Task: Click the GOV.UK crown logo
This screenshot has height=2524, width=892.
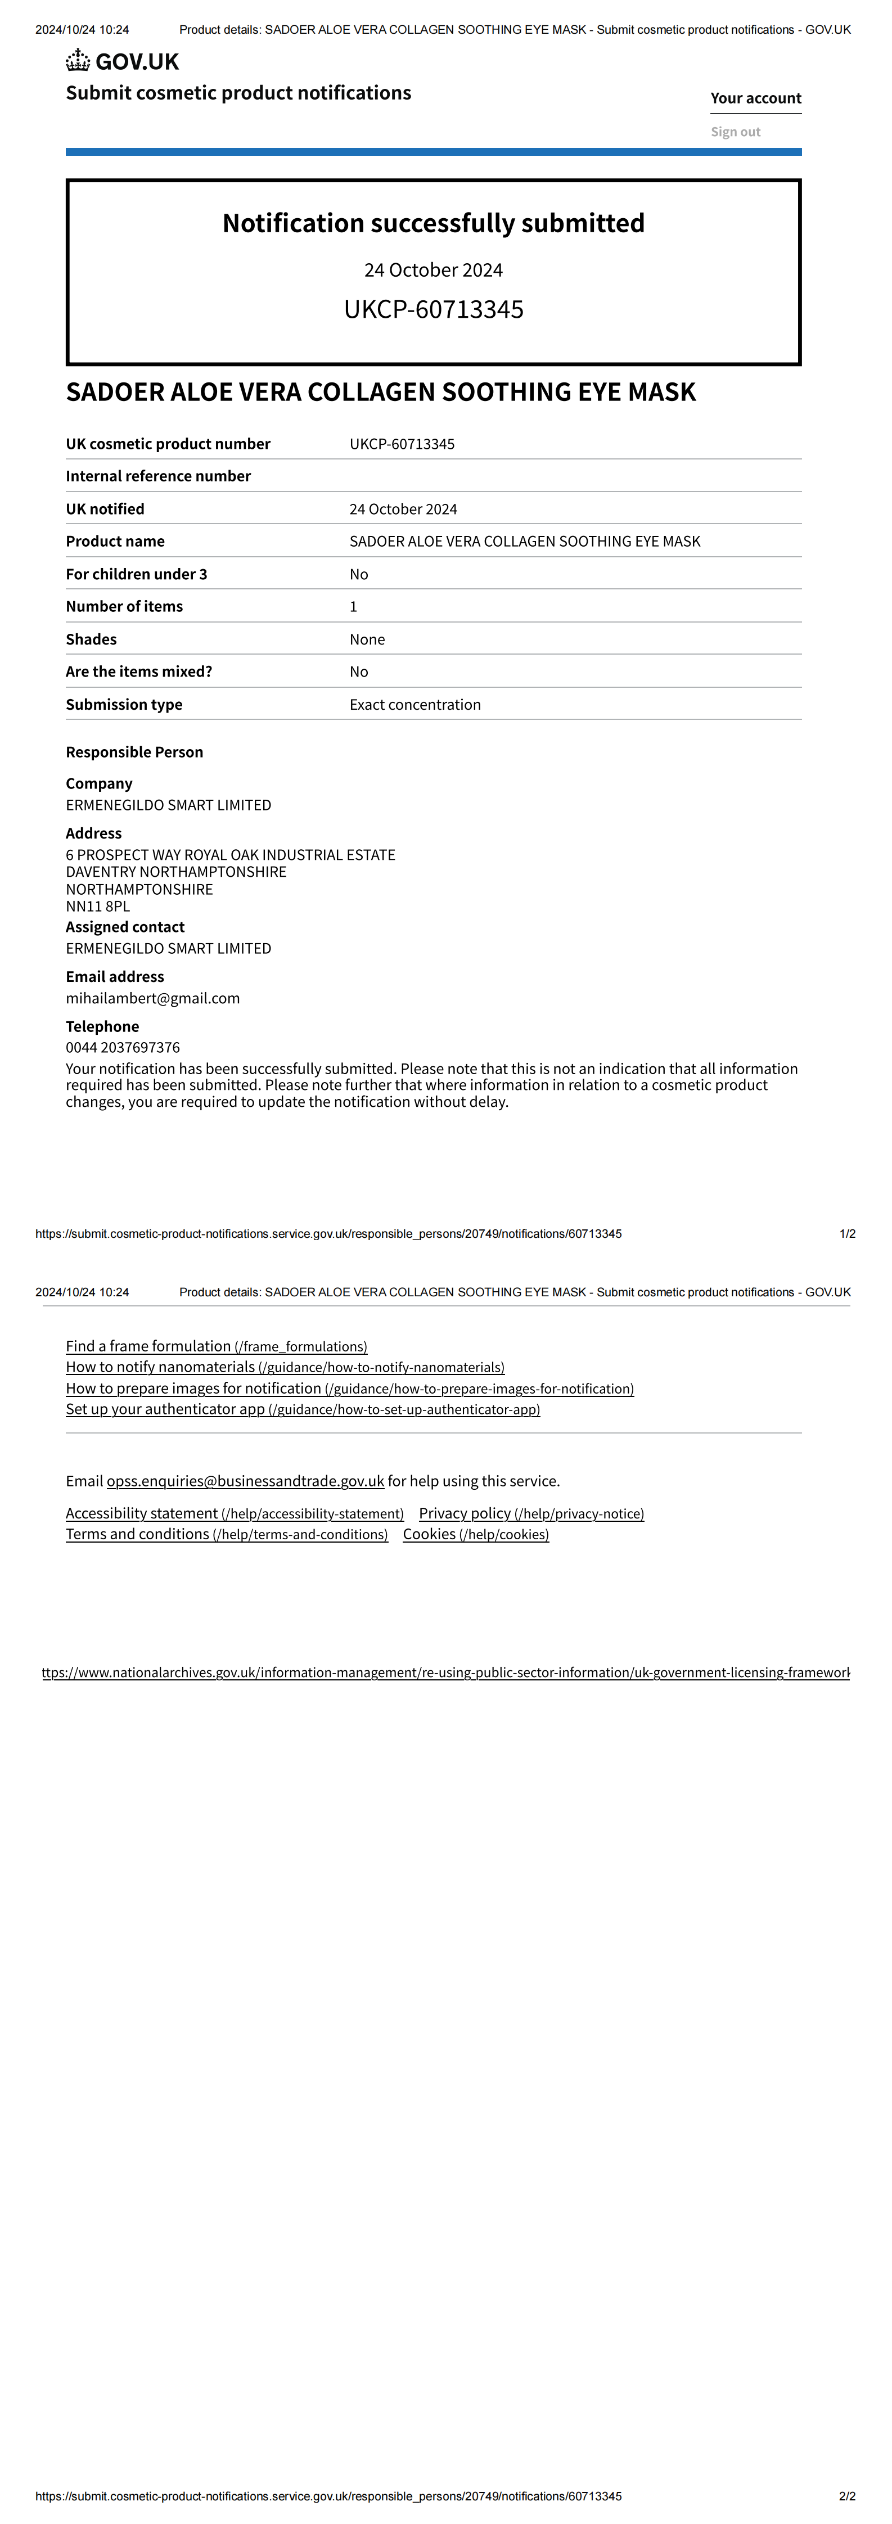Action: point(78,61)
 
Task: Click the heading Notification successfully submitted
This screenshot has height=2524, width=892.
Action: point(433,223)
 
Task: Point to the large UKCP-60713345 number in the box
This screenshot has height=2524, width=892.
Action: point(433,310)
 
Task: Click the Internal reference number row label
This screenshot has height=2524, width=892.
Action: point(158,476)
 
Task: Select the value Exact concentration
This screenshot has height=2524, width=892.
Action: point(415,705)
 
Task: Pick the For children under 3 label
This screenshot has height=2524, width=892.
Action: point(136,574)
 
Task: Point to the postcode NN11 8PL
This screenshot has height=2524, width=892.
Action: point(97,907)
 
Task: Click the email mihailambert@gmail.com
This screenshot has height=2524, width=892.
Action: point(153,998)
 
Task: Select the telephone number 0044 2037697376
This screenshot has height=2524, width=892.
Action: point(123,1047)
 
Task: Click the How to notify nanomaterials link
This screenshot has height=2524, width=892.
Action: point(284,1367)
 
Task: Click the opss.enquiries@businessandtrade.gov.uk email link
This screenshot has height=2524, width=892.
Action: point(245,1481)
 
